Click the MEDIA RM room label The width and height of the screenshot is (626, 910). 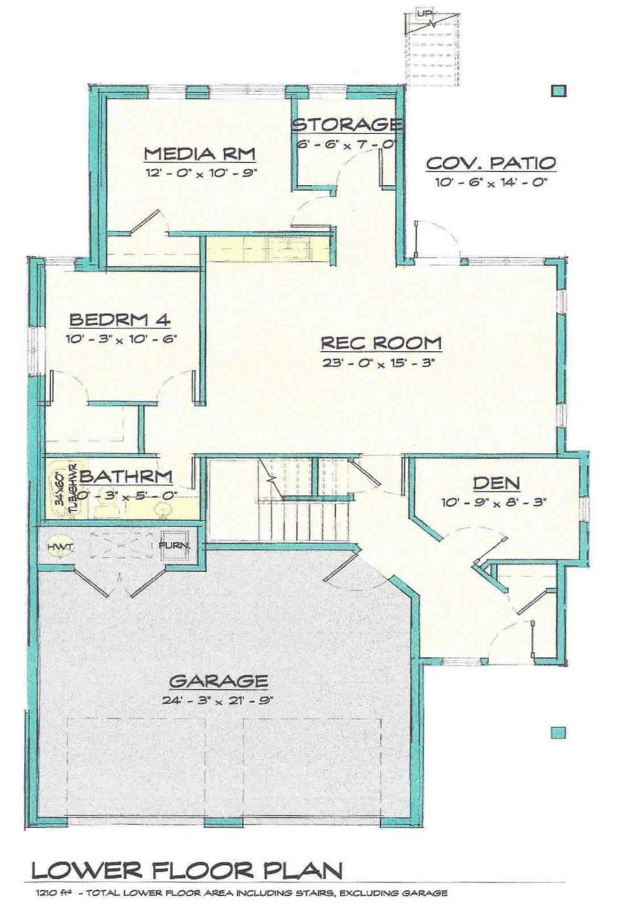pyautogui.click(x=199, y=154)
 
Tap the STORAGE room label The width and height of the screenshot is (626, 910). pyautogui.click(x=347, y=124)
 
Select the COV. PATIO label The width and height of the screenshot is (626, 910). pyautogui.click(x=491, y=163)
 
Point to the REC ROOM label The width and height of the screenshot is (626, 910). pyautogui.click(x=381, y=343)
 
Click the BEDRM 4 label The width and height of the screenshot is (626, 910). pyautogui.click(x=120, y=320)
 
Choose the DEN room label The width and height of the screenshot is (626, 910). pyautogui.click(x=496, y=483)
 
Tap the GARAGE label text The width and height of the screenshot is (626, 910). pyautogui.click(x=219, y=681)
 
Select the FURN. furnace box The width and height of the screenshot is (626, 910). pyautogui.click(x=174, y=545)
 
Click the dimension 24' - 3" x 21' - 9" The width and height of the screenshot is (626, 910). pyautogui.click(x=219, y=700)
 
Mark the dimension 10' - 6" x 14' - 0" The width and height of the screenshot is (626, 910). pyautogui.click(x=491, y=183)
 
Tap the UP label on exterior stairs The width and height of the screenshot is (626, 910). pyautogui.click(x=423, y=14)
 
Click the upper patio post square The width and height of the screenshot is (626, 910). pyautogui.click(x=559, y=90)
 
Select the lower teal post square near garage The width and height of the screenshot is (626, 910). pyautogui.click(x=559, y=733)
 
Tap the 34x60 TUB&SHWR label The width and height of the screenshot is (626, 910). pyautogui.click(x=66, y=486)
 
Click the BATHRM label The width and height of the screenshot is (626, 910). pyautogui.click(x=126, y=476)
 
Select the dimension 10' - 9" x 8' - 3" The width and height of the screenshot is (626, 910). pyautogui.click(x=493, y=503)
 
